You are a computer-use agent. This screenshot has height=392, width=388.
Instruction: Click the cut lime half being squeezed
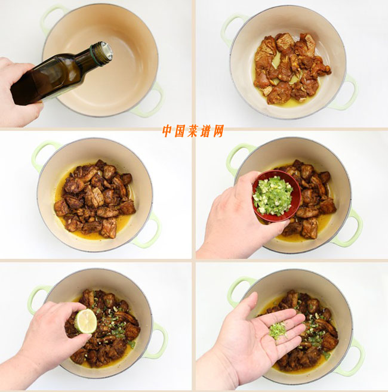click(87, 321)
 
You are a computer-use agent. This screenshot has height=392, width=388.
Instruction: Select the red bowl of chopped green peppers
click(276, 196)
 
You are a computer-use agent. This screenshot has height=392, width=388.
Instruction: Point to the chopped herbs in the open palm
click(278, 331)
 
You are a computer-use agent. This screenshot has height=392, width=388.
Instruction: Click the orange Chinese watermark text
click(193, 131)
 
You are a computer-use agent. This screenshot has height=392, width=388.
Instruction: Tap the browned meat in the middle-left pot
click(95, 199)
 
